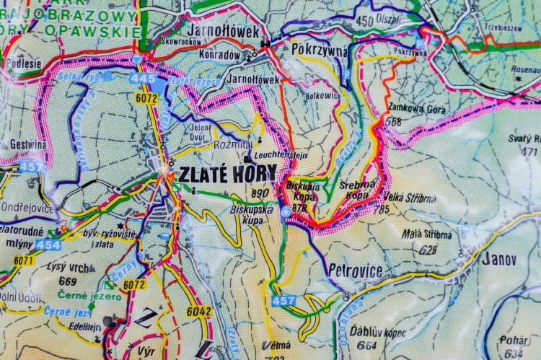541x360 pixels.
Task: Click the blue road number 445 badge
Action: point(144,78)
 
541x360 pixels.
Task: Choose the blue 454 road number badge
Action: point(48,245)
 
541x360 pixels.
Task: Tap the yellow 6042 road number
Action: point(198,312)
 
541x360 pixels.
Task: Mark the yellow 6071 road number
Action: point(23,260)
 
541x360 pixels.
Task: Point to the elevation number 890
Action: point(260,193)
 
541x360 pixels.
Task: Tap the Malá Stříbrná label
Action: point(427,234)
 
